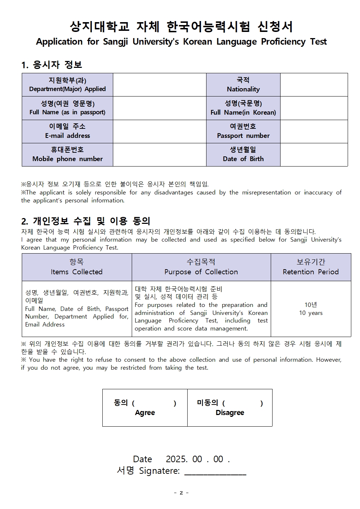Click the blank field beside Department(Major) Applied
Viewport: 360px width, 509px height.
tap(159, 85)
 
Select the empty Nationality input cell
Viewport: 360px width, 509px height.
tap(314, 85)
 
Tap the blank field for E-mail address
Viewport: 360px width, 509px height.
tap(159, 131)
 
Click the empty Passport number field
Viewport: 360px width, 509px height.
tap(314, 131)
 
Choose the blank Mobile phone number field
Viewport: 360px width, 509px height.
tap(159, 155)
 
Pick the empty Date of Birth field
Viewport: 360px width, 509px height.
tap(314, 155)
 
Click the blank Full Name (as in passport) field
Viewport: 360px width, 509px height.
tap(159, 108)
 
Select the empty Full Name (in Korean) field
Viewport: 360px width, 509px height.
tap(314, 108)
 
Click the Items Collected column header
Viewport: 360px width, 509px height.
tap(77, 267)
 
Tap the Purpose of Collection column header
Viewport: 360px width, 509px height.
tap(201, 267)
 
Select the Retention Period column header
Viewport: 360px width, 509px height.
tap(311, 267)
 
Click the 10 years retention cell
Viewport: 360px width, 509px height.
tap(311, 309)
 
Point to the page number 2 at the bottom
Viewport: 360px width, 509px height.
tap(181, 493)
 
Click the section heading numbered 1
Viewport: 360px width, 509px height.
tap(52, 65)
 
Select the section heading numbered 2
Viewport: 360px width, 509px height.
tap(86, 221)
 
